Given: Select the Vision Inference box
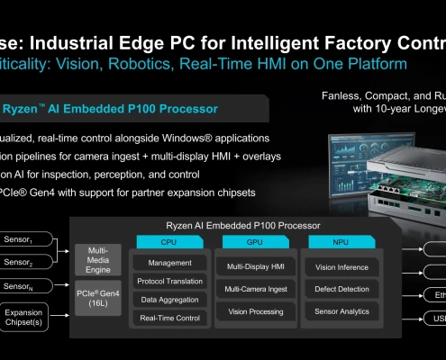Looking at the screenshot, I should tap(340, 267).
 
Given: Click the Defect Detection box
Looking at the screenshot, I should tap(340, 289).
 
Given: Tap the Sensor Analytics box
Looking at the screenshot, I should tap(340, 311).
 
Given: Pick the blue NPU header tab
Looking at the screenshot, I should tap(340, 242).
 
